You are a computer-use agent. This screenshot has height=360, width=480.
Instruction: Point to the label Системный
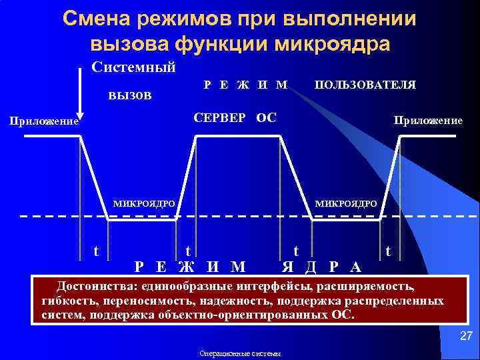coord(133,67)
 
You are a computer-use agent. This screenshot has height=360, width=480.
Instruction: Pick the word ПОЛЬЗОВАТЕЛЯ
coord(365,85)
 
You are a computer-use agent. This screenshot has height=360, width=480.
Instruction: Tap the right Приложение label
coord(427,121)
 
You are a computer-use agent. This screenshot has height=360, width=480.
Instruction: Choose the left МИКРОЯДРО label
coord(144,203)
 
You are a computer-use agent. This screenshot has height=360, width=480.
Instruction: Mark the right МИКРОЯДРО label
coord(346,203)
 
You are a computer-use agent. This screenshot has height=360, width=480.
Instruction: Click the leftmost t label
coord(97,251)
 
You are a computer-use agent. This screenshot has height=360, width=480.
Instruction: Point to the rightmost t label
coord(389,251)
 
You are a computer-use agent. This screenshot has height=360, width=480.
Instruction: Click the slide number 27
coord(466,337)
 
